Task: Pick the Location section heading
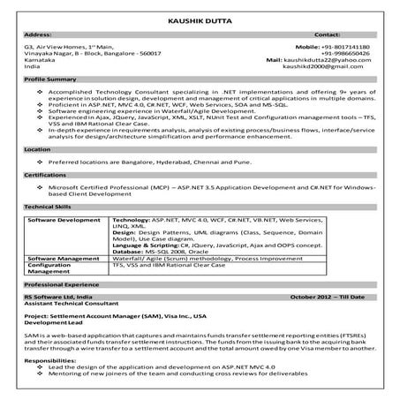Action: (38, 150)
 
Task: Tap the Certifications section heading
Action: (45, 176)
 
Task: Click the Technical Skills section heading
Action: (49, 205)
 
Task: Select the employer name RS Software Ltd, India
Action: (63, 300)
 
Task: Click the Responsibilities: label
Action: (53, 360)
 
